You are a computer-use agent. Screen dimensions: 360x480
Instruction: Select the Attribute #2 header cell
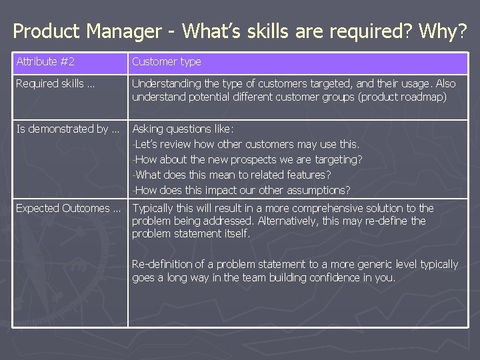coord(45,62)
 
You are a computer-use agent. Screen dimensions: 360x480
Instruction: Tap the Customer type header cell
coord(166,62)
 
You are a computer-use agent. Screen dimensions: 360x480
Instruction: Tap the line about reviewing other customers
coord(246,144)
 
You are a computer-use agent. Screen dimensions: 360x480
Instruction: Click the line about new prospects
coord(247,159)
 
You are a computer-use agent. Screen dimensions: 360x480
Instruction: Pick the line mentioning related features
coord(232,175)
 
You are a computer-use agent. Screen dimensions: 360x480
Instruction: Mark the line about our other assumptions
coord(241,189)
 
